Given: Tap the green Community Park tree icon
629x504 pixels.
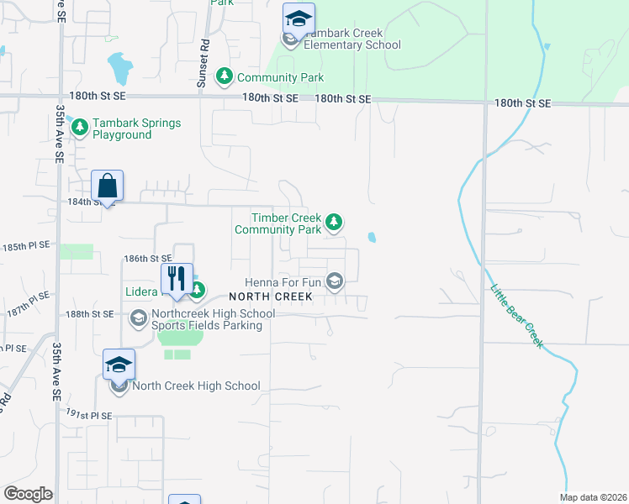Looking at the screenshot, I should [x=225, y=77].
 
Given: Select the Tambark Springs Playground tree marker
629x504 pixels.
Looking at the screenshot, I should [x=80, y=129].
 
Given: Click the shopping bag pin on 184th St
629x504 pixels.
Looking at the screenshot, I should [x=108, y=186].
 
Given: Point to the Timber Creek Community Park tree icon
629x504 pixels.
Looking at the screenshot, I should [x=335, y=223].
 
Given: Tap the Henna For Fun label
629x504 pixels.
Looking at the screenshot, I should [x=283, y=282].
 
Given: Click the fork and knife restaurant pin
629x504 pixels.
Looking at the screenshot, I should [x=177, y=279].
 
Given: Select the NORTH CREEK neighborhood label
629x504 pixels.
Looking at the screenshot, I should [x=271, y=297].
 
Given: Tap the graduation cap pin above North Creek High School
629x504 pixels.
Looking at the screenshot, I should [x=119, y=365].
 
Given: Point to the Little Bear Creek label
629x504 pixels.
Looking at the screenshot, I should [x=516, y=316].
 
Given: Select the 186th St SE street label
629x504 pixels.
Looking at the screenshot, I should [x=147, y=258].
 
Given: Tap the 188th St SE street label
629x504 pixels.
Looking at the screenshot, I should [x=90, y=313].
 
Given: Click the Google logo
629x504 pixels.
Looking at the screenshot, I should [x=28, y=494].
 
